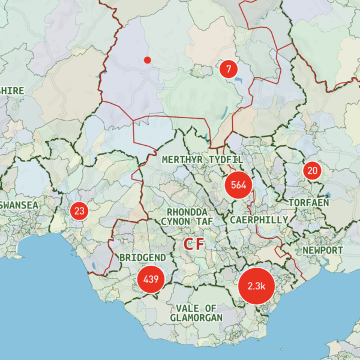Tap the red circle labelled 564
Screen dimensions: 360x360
pyautogui.click(x=238, y=185)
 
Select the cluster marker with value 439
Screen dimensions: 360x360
pyautogui.click(x=151, y=279)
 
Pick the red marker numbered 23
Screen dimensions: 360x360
pyautogui.click(x=79, y=211)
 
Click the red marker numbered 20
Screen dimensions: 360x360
pyautogui.click(x=312, y=171)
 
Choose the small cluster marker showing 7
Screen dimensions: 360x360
pyautogui.click(x=228, y=68)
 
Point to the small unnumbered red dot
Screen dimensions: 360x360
pyautogui.click(x=147, y=59)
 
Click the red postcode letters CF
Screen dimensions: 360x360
pyautogui.click(x=194, y=244)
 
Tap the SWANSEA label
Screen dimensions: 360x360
pyautogui.click(x=19, y=205)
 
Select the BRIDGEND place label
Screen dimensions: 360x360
pyautogui.click(x=143, y=257)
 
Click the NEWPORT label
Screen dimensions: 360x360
pyautogui.click(x=323, y=250)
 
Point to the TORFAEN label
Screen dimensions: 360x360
pyautogui.click(x=308, y=203)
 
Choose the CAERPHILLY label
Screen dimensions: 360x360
pyautogui.click(x=259, y=220)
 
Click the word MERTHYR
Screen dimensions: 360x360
pyautogui.click(x=182, y=160)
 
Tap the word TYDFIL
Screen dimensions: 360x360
pyautogui.click(x=226, y=160)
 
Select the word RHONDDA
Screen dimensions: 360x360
pyautogui.click(x=187, y=212)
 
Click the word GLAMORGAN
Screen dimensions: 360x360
pyautogui.click(x=196, y=317)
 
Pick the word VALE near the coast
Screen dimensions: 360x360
pyautogui.click(x=188, y=308)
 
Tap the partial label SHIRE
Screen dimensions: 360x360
pyautogui.click(x=12, y=90)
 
